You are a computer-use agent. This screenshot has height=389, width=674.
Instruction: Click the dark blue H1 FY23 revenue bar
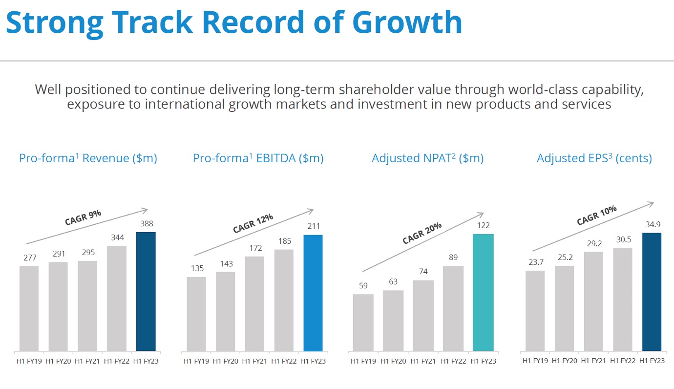(146, 291)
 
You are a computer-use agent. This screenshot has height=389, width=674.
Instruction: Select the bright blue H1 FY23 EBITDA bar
(313, 293)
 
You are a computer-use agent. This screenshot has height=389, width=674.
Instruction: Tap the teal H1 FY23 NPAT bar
(483, 292)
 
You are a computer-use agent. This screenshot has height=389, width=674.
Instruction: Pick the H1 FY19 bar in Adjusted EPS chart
(535, 311)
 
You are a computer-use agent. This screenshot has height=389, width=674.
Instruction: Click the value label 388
(147, 224)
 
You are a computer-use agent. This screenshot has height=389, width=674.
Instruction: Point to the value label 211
(314, 226)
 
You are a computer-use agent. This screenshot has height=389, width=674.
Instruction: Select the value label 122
(483, 225)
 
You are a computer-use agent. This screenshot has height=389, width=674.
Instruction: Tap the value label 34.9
(653, 225)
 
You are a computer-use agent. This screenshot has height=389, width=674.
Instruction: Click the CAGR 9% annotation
(83, 217)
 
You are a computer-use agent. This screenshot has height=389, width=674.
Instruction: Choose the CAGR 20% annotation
(422, 233)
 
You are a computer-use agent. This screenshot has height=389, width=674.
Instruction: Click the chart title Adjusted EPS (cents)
(594, 158)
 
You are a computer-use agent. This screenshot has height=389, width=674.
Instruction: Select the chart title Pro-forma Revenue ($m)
(88, 158)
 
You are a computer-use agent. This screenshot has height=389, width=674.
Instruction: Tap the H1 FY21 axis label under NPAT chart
(423, 361)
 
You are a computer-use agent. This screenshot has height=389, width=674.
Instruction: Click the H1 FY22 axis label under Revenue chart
(116, 361)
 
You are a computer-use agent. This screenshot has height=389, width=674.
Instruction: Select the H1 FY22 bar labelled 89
(453, 308)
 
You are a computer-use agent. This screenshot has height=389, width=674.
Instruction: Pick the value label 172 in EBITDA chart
(255, 248)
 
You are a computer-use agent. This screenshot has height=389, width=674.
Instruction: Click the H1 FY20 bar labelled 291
(58, 306)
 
